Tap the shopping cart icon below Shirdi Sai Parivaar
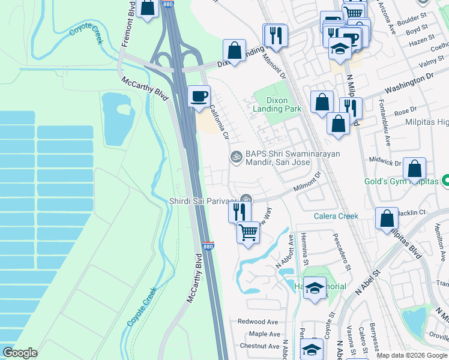(248, 231)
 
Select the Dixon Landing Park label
(277, 104)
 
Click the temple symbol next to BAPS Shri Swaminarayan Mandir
(237, 157)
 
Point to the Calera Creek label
(336, 216)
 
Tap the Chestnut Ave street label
(259, 346)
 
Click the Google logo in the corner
(20, 353)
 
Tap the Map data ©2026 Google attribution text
(412, 355)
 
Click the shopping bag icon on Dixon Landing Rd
(234, 50)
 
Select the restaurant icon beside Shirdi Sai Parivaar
(238, 211)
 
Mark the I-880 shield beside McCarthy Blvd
(208, 247)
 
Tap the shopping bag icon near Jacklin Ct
(387, 218)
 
